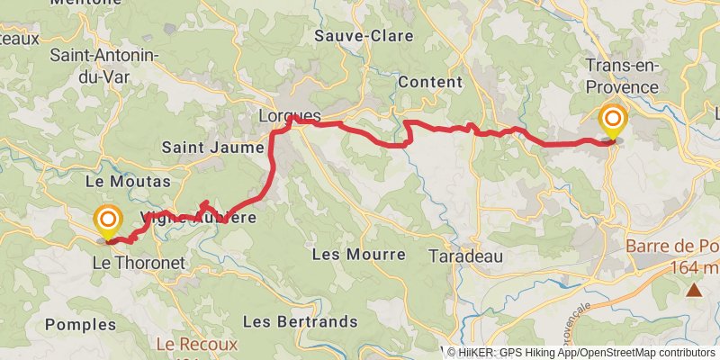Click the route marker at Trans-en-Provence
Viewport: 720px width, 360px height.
click(614, 121)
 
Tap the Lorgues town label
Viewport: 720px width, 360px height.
click(289, 115)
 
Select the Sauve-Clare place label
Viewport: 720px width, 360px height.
click(364, 37)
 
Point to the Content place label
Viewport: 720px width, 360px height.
click(429, 81)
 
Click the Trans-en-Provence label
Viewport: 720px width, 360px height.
click(622, 76)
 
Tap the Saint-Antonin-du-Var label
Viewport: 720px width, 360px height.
click(103, 66)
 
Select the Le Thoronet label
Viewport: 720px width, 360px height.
click(139, 263)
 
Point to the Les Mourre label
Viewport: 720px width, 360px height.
click(358, 255)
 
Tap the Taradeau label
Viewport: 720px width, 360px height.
click(464, 255)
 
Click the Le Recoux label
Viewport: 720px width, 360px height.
click(196, 344)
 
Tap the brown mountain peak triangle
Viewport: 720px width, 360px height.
click(694, 290)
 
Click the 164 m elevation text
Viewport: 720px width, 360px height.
click(694, 267)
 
